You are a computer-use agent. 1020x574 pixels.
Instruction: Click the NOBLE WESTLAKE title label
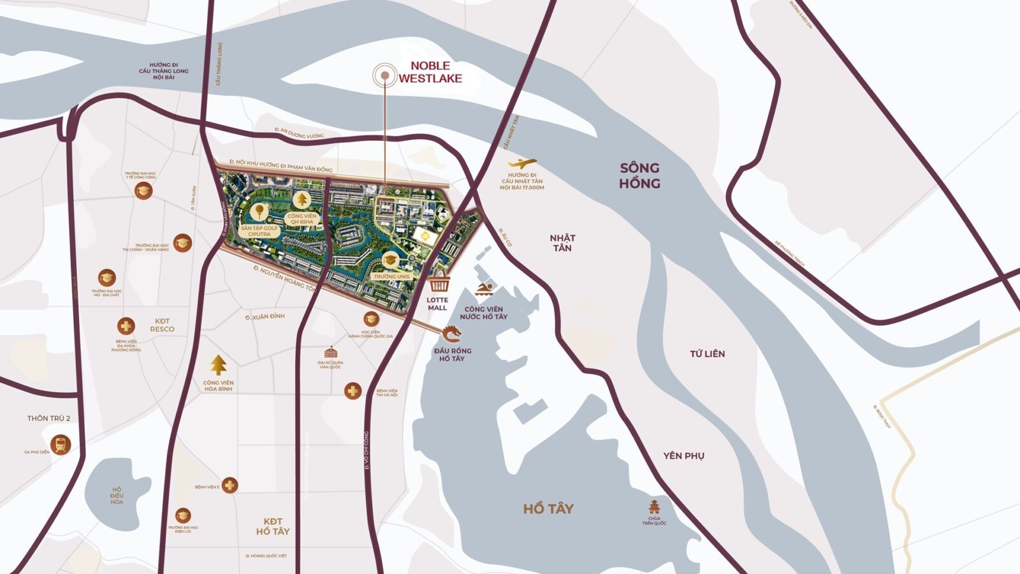[x=430, y=72]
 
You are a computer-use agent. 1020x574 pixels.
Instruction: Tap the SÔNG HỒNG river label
[x=639, y=175]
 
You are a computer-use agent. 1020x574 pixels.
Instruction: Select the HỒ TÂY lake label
[x=548, y=508]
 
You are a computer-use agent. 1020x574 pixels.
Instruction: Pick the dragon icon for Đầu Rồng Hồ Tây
[x=451, y=334]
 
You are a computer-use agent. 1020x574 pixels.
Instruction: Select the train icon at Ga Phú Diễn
[x=61, y=445]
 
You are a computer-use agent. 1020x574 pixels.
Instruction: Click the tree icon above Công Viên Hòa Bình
[x=219, y=365]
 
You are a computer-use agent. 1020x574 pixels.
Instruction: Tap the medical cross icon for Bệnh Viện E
[x=229, y=485]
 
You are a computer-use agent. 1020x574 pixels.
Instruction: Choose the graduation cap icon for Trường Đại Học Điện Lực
[x=183, y=515]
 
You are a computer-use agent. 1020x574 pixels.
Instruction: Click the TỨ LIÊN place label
[x=707, y=353]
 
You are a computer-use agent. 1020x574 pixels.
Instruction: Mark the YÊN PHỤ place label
[x=683, y=455]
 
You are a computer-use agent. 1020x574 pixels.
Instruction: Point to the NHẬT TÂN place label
[x=562, y=243]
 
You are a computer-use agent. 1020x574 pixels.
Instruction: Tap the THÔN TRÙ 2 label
[x=48, y=418]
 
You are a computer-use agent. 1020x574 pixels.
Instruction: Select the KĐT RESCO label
[x=162, y=325]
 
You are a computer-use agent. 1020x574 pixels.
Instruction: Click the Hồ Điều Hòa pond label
[x=116, y=496]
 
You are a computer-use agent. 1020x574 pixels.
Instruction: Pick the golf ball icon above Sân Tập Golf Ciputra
[x=259, y=210]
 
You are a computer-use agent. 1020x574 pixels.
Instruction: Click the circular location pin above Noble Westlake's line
[x=385, y=76]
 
